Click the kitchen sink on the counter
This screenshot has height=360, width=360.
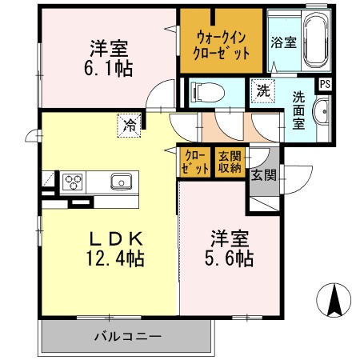122,181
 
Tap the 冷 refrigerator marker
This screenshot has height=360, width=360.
129,124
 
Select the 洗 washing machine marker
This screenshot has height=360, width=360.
262,91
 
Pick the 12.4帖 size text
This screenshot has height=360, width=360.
116,258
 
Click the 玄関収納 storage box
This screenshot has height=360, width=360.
231,162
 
